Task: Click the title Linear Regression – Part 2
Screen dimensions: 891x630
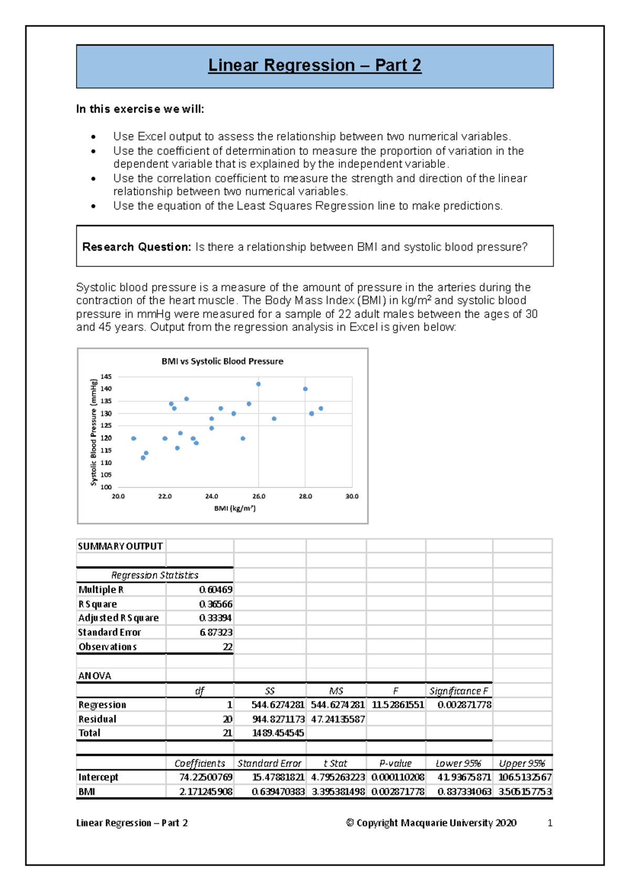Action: coord(314,66)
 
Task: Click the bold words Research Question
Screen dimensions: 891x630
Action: coord(136,247)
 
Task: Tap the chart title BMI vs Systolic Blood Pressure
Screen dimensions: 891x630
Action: coord(222,361)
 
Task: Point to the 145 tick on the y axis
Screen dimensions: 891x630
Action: coord(106,377)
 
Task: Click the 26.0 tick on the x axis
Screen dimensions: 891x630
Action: coord(259,496)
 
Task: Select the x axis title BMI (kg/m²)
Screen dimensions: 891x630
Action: coord(235,509)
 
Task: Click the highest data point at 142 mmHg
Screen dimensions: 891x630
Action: coord(258,384)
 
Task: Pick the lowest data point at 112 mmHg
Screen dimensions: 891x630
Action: coord(143,458)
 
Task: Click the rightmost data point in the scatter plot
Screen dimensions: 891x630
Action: coord(321,408)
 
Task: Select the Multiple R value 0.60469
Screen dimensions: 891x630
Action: coord(216,590)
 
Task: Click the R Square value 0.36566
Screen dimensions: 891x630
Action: coord(216,604)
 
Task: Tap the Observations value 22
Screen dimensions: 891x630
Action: coord(227,647)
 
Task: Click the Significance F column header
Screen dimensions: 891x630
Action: coord(458,691)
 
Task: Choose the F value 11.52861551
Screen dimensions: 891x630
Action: coord(397,705)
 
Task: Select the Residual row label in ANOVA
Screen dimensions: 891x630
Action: coord(97,719)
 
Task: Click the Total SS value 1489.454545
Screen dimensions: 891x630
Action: coord(278,733)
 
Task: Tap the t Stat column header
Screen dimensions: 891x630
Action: coord(335,763)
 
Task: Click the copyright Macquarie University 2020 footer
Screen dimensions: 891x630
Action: coord(431,823)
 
